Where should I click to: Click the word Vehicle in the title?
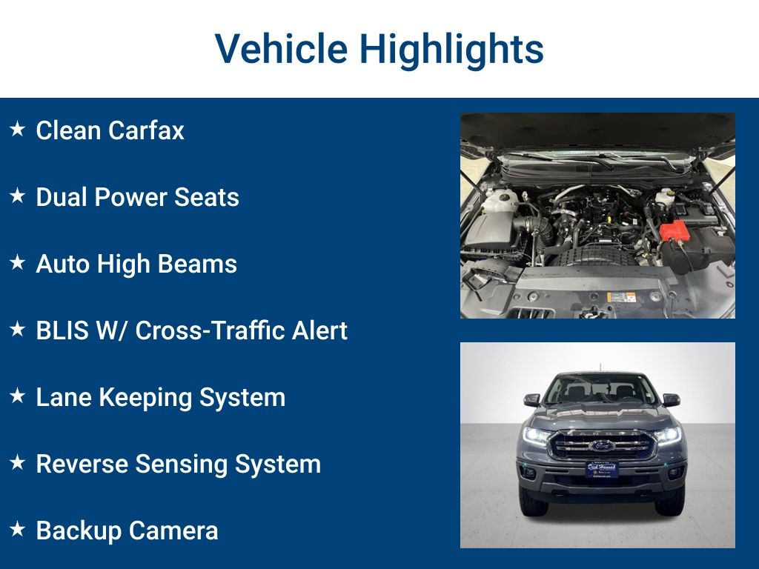280,49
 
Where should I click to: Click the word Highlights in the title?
451,49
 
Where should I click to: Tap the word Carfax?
146,131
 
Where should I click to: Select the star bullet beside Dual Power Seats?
17,196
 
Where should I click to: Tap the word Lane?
64,398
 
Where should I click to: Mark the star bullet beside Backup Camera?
17,530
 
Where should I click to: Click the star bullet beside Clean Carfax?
17,130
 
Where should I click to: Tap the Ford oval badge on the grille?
601,445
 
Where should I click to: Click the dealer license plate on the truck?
601,468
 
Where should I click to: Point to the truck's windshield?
600,389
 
